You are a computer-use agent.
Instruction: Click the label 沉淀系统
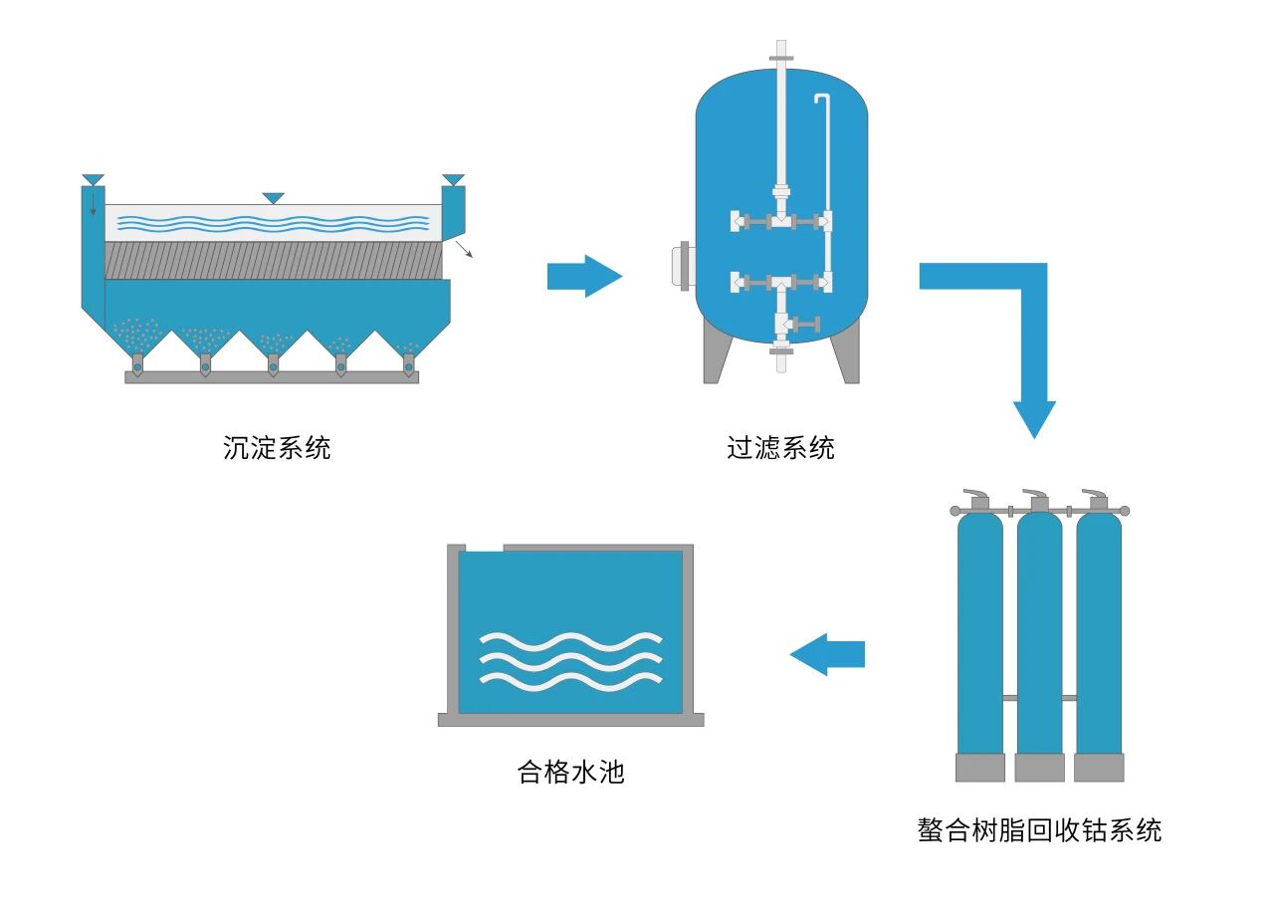point(277,448)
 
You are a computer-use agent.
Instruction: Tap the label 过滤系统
point(781,448)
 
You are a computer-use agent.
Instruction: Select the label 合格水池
point(571,772)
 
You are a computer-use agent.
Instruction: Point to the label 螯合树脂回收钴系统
point(1039,829)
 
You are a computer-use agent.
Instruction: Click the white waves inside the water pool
point(570,659)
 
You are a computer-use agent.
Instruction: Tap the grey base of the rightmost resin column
point(1099,768)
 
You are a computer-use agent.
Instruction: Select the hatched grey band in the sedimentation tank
point(273,260)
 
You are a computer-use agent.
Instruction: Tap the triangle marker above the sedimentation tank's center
point(273,198)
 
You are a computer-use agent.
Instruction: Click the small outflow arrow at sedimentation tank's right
point(466,250)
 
